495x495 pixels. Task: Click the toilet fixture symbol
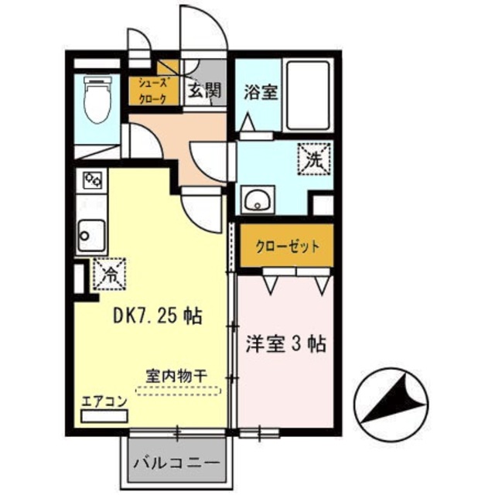97,101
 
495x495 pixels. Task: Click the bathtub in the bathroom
307,94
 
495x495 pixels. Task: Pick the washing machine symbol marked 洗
315,162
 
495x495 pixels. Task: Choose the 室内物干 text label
176,374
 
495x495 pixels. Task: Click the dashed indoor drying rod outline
178,391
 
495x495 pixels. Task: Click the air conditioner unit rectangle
104,417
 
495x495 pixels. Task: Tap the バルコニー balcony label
176,464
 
